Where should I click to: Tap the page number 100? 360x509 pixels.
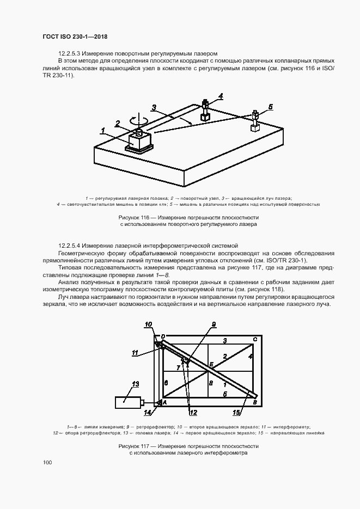click(x=47, y=462)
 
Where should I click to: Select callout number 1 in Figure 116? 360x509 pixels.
click(x=102, y=130)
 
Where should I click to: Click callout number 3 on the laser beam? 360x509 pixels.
click(x=154, y=108)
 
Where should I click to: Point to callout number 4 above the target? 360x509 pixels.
click(x=220, y=96)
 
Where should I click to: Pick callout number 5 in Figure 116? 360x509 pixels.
click(x=271, y=106)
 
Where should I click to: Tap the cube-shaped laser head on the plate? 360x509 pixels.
click(x=140, y=140)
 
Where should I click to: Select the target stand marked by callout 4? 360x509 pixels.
click(x=205, y=111)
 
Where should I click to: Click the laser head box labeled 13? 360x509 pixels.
click(x=128, y=402)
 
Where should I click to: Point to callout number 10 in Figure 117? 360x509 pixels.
click(x=148, y=325)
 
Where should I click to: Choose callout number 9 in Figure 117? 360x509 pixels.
click(x=214, y=324)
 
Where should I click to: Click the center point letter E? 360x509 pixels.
click(x=211, y=363)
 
